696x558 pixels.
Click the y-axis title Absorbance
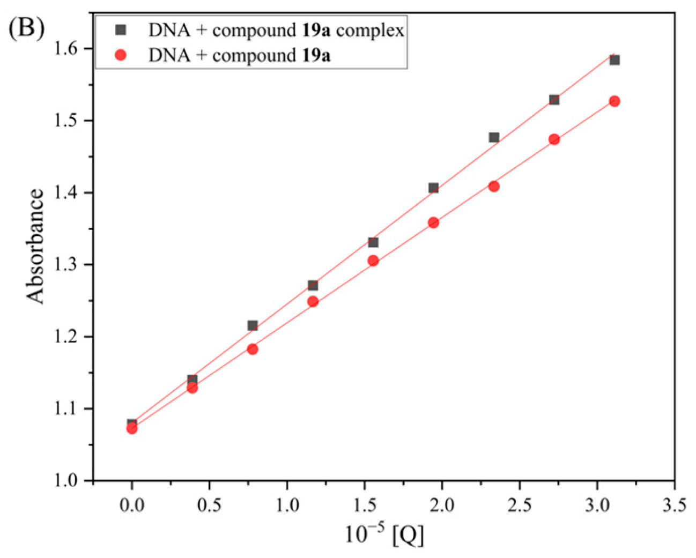click(35, 247)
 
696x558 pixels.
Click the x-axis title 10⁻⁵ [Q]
click(384, 534)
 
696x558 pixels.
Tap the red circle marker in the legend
click(121, 55)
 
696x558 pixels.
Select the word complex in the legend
click(370, 31)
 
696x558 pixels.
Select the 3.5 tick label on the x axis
click(674, 504)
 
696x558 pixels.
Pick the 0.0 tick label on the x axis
click(132, 504)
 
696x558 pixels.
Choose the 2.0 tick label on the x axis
click(442, 504)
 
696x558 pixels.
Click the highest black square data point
click(614, 60)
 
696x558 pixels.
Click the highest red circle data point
click(614, 101)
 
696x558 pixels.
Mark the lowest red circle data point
click(132, 428)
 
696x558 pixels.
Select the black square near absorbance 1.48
click(494, 138)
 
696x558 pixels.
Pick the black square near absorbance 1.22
click(253, 326)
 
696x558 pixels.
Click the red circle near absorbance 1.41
click(494, 187)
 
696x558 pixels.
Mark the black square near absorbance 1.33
click(373, 243)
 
